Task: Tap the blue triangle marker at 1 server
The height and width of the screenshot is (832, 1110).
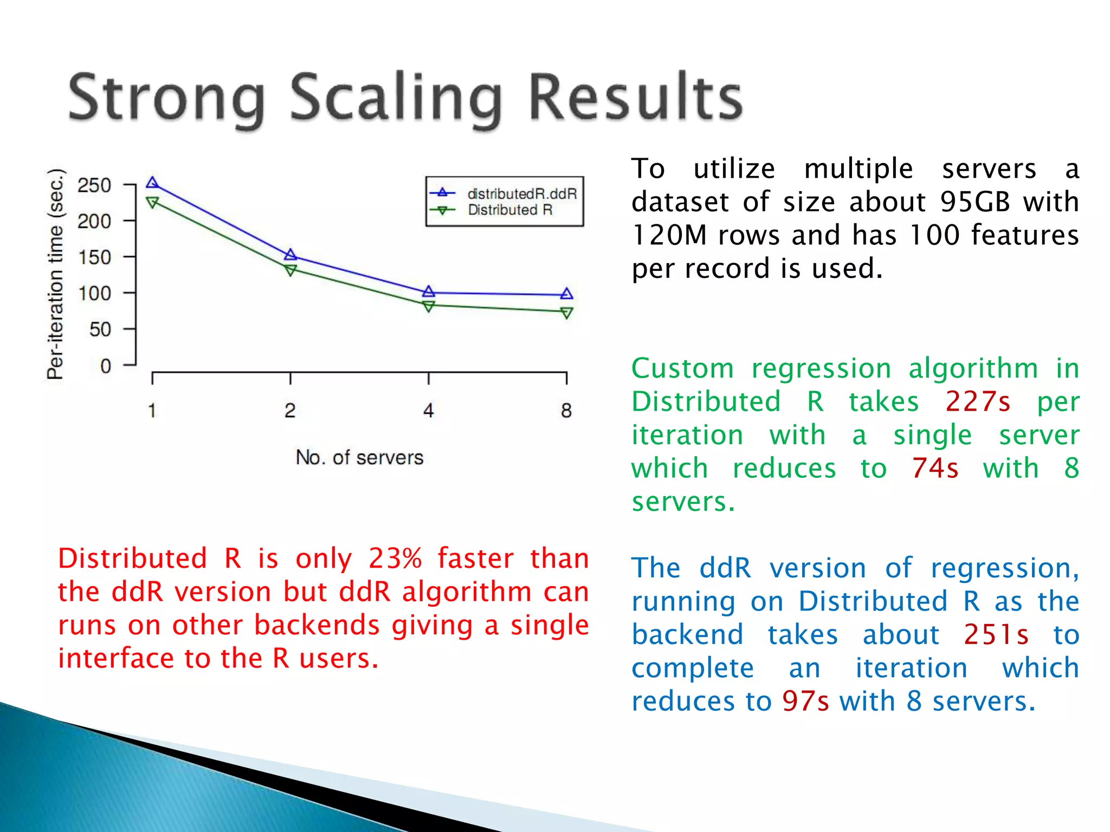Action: tap(152, 183)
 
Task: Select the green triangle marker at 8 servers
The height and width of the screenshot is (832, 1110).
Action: tap(566, 313)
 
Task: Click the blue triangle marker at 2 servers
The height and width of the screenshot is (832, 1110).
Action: tap(291, 255)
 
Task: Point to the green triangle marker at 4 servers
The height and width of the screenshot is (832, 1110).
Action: tap(428, 307)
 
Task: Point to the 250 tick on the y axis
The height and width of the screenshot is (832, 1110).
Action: tap(94, 185)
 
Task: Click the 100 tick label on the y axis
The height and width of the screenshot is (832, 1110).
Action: tap(94, 294)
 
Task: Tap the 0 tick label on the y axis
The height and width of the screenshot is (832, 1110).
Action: tap(106, 366)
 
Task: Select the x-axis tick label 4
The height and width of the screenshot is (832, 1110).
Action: tap(428, 411)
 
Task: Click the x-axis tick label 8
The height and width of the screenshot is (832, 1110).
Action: tap(566, 411)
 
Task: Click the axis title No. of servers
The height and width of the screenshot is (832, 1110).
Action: tap(359, 458)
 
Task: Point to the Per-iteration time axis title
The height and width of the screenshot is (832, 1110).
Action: tap(56, 274)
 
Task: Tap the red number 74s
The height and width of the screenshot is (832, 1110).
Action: tap(935, 469)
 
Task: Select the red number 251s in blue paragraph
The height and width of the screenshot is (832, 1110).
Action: tap(996, 635)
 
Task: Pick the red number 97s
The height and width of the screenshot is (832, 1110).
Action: tap(805, 701)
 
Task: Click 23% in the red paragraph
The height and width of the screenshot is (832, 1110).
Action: tap(395, 558)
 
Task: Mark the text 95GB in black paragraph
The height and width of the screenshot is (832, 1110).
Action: tap(975, 202)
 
